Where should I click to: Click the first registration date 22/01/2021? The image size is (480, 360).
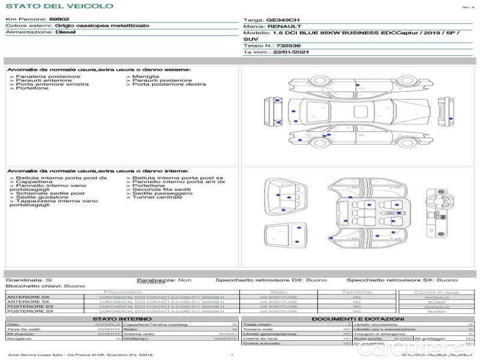286,53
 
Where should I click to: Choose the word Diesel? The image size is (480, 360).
65,32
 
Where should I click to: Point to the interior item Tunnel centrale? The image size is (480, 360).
157,197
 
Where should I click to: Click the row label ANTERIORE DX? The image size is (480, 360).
28,297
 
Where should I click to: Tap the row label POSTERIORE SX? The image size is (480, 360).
29,311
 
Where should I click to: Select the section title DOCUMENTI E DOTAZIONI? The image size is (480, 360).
358,319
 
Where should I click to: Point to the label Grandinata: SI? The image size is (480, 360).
29,280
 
